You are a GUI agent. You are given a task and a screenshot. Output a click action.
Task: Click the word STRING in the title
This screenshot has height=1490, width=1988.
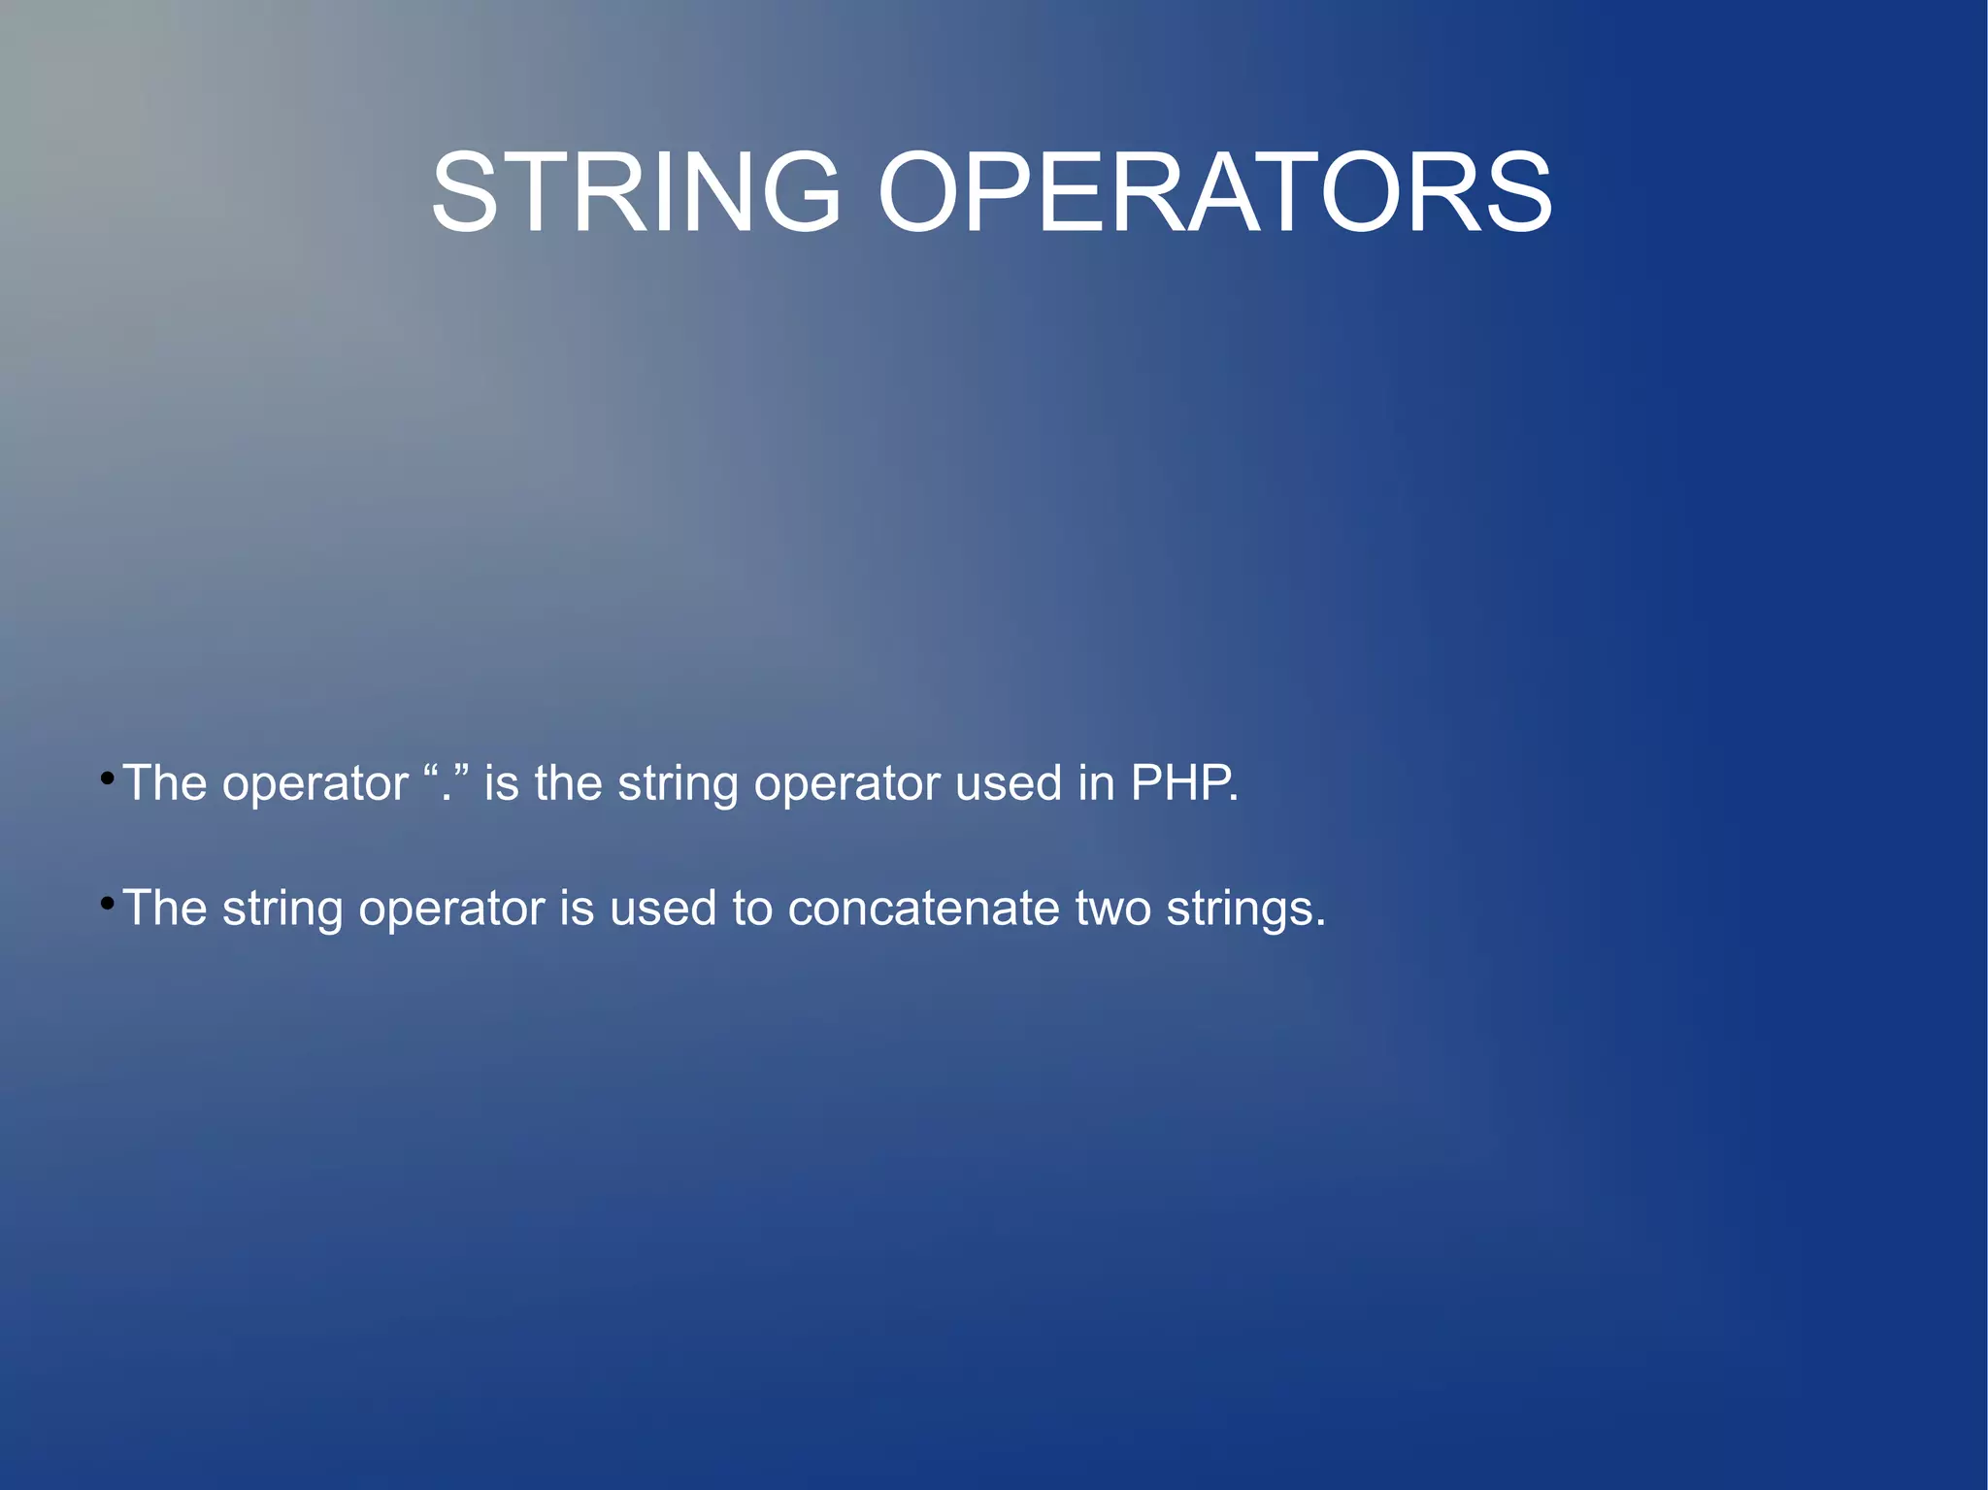point(636,192)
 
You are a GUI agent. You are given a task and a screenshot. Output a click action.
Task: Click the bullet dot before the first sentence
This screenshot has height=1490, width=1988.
point(108,778)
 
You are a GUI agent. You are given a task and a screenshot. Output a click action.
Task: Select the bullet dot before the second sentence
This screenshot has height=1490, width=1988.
point(108,904)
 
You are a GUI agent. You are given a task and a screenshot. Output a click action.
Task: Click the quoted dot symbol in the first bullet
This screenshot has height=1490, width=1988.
point(447,782)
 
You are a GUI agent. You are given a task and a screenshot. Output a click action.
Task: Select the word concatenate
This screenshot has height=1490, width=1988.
point(923,909)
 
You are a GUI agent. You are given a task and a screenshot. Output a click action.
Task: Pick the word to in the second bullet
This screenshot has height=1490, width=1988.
point(752,909)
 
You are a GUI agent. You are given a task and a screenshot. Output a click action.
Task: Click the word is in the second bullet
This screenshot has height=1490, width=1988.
point(577,909)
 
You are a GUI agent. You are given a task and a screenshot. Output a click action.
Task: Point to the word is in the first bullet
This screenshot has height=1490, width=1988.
point(501,782)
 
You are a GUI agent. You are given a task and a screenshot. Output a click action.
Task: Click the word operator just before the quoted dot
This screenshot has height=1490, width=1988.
point(315,784)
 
